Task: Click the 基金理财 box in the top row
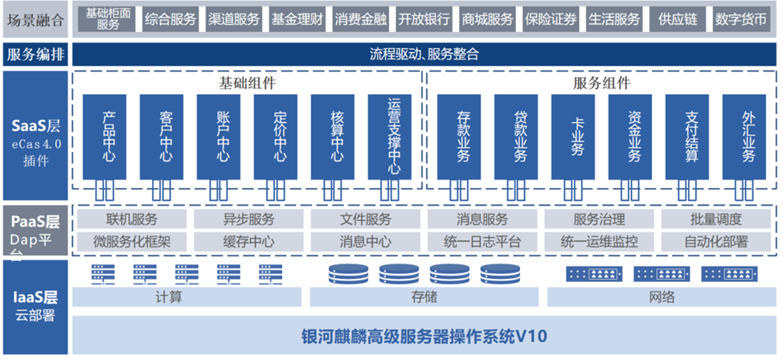(298, 19)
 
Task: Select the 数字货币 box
(740, 19)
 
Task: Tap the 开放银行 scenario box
(424, 19)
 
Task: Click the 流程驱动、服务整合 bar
(424, 55)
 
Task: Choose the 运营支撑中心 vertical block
(394, 137)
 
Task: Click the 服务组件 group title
(601, 83)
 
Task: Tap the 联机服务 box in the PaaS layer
(132, 219)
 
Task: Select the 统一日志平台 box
(482, 241)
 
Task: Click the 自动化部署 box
(715, 241)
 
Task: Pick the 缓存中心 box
(248, 241)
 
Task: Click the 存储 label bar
(424, 297)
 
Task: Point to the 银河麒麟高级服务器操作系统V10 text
(424, 335)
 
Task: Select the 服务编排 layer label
(35, 55)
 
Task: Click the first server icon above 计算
(100, 274)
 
